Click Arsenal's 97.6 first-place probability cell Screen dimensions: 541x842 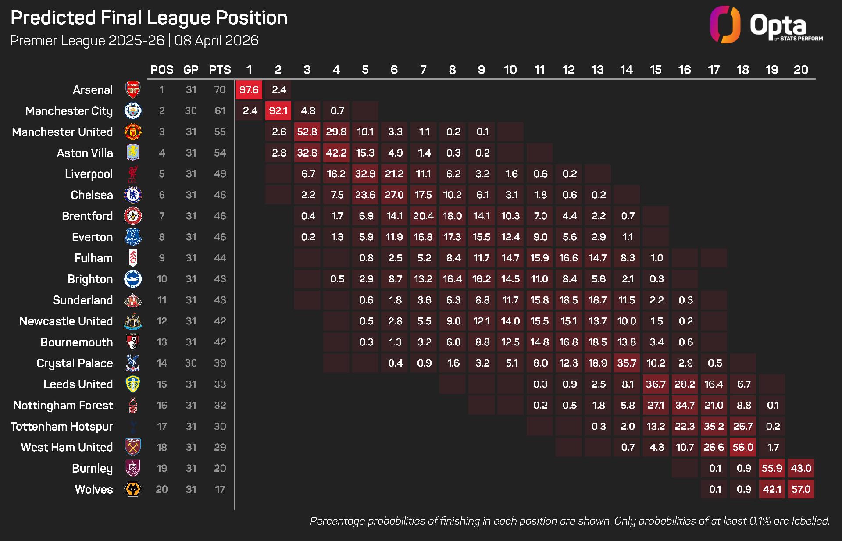tap(249, 90)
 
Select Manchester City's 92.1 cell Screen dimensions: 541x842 tap(278, 111)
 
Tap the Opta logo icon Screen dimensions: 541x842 tap(725, 25)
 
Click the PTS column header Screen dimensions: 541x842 tap(220, 70)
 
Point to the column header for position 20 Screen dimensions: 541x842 tap(800, 70)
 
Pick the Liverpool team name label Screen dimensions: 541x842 tap(89, 174)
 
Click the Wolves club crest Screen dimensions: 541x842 tap(133, 489)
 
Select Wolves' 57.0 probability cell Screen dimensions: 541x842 tap(800, 489)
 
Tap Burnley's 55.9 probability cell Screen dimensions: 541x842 tap(771, 468)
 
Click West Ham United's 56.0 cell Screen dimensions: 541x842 tap(742, 447)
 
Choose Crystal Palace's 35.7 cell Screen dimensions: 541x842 tap(626, 363)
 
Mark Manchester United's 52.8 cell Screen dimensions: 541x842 tap(307, 132)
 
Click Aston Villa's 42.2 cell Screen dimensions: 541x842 tap(336, 153)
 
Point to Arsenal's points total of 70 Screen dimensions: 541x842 tap(220, 90)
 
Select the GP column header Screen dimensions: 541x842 tap(191, 70)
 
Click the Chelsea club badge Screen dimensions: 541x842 tap(133, 195)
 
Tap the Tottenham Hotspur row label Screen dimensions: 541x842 tap(62, 426)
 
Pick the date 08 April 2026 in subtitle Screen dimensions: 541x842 tap(216, 40)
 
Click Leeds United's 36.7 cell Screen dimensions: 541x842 tap(656, 384)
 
